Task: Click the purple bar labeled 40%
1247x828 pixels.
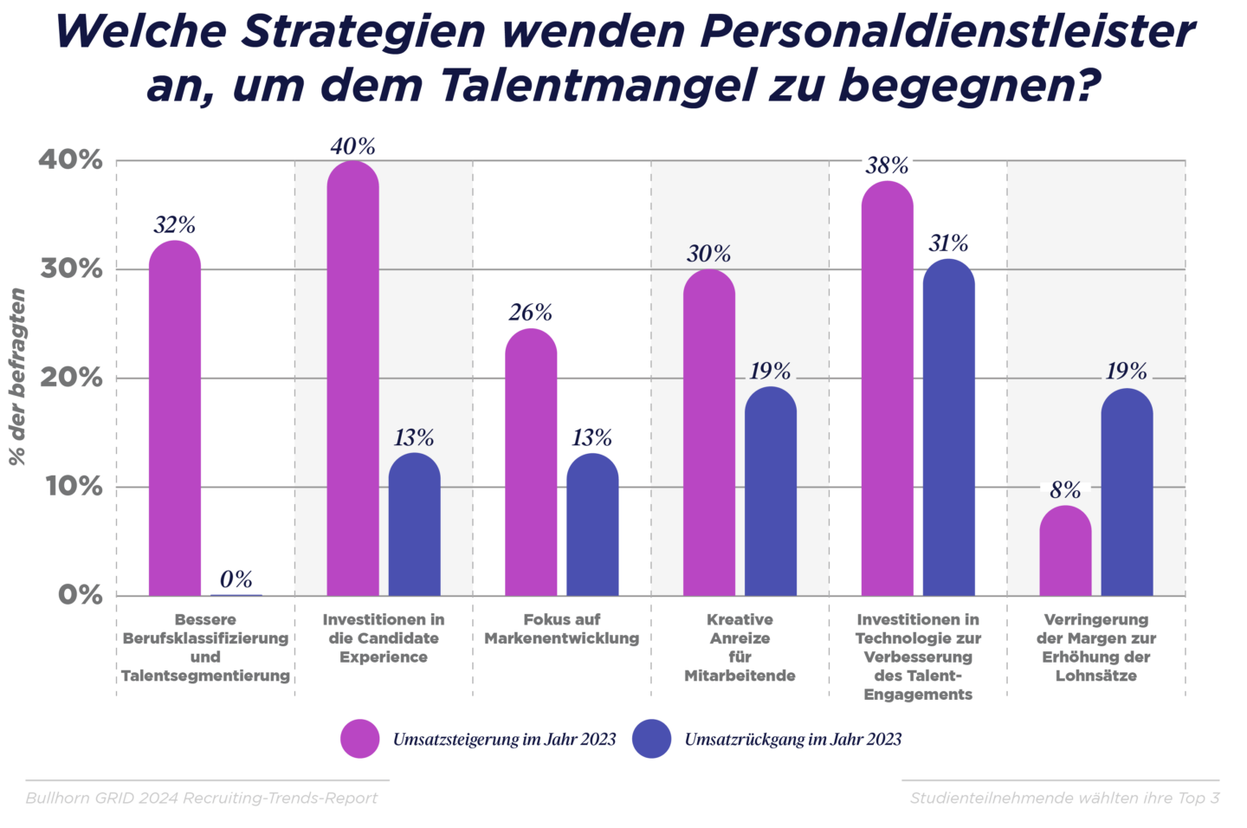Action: coord(352,381)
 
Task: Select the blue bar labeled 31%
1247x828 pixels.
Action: coord(948,429)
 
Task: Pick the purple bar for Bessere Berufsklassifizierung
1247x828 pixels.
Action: coord(174,420)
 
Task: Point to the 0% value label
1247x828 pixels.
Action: coord(236,579)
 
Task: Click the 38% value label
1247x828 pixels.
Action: coord(887,165)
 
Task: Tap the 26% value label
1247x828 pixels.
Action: coord(530,312)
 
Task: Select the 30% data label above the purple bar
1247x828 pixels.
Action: coord(708,253)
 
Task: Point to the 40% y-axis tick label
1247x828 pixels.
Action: coord(70,160)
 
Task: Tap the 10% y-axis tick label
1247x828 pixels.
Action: coord(73,487)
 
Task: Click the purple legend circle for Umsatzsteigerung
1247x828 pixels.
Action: coord(359,739)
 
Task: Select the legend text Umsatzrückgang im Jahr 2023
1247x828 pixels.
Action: coord(792,740)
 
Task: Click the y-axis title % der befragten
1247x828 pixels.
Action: coord(17,377)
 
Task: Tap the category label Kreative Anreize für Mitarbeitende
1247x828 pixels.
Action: coord(740,647)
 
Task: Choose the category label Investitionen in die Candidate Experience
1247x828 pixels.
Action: coord(384,638)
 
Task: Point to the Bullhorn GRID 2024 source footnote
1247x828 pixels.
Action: coord(202,798)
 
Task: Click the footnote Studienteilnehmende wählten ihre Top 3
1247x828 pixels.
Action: coord(1064,798)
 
